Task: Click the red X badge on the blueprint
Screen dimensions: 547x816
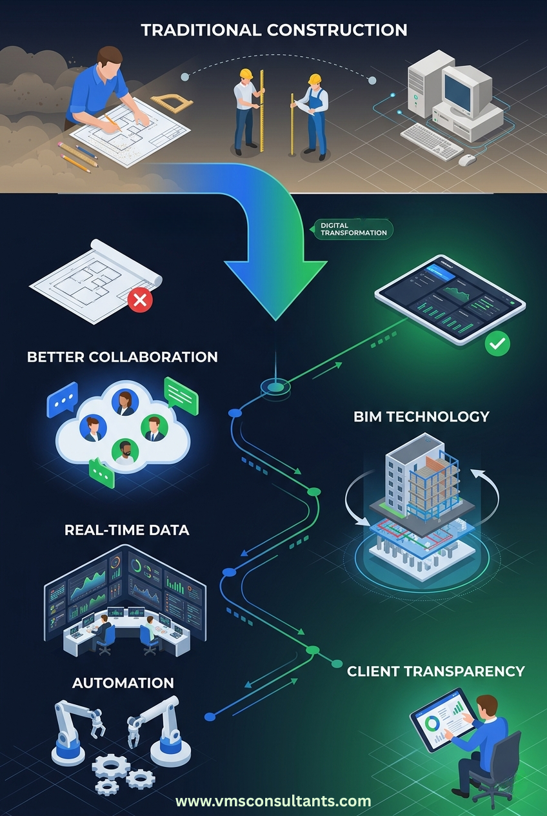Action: pyautogui.click(x=141, y=299)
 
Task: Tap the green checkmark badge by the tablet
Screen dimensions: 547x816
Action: pyautogui.click(x=497, y=343)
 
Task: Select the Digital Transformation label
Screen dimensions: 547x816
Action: pyautogui.click(x=353, y=229)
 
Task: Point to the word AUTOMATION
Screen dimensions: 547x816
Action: pyautogui.click(x=123, y=682)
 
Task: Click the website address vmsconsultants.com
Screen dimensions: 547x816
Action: pyautogui.click(x=273, y=801)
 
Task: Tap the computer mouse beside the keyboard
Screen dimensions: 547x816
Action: pyautogui.click(x=467, y=159)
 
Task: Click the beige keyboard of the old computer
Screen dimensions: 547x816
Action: pyautogui.click(x=432, y=139)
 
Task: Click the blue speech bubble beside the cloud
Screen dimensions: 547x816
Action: pyautogui.click(x=62, y=400)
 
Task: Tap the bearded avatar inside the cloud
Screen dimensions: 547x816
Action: pyautogui.click(x=124, y=452)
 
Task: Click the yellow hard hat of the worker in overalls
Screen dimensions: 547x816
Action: pyautogui.click(x=314, y=79)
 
